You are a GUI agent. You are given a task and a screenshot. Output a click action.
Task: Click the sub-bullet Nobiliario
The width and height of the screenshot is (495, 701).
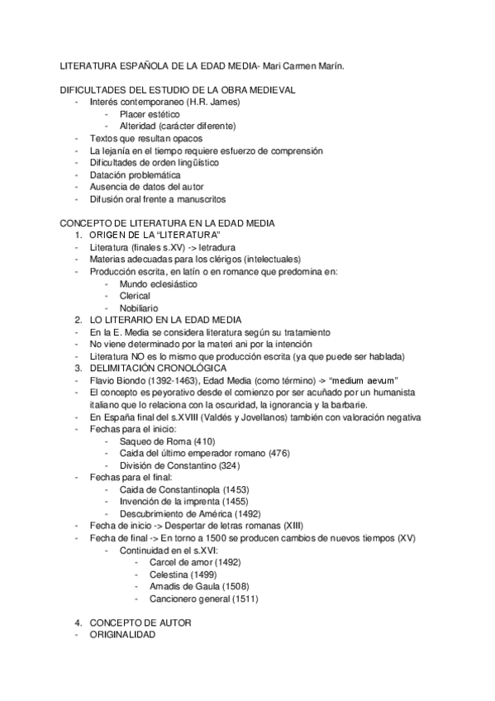140,308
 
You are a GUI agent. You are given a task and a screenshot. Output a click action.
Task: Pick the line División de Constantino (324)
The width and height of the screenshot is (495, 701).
176,465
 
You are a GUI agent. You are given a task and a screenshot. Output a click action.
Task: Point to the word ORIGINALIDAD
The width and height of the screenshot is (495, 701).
121,634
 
